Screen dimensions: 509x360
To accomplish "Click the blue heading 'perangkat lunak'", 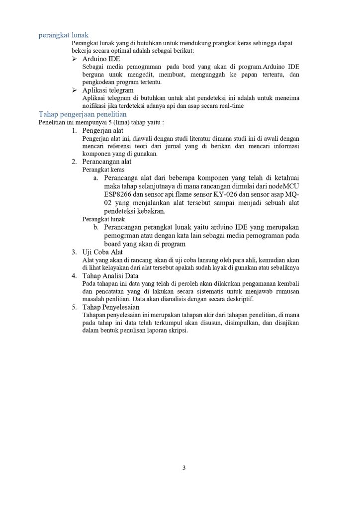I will tap(64, 36).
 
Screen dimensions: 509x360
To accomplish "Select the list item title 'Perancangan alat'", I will tap(106, 162).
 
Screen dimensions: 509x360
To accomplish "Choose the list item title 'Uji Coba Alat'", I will tap(102, 253).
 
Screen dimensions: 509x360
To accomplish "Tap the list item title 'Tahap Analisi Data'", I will tap(110, 275).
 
